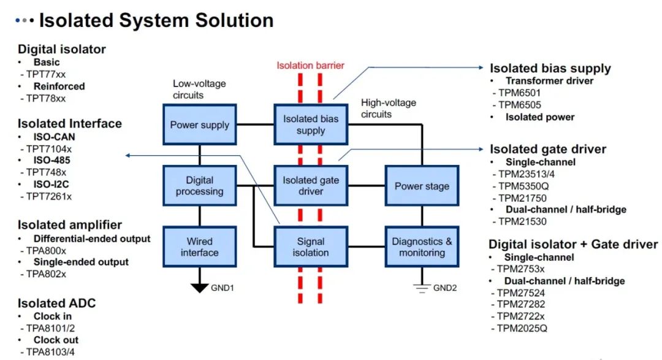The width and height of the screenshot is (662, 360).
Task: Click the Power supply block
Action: pos(199,125)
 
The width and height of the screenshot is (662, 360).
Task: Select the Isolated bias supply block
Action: pos(310,125)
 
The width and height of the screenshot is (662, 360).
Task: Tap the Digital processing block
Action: pos(199,186)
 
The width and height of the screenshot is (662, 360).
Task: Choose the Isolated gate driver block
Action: pos(310,186)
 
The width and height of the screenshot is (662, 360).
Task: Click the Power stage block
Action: pos(422,186)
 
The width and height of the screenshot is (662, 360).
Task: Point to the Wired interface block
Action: pos(199,247)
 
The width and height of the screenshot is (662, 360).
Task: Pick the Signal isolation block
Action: pos(310,247)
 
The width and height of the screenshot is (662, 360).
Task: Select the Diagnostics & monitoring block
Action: pos(422,247)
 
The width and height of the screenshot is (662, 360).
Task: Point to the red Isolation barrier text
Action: pos(310,66)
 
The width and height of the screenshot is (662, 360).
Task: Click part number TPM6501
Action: pos(519,93)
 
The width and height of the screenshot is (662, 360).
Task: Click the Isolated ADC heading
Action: pos(56,303)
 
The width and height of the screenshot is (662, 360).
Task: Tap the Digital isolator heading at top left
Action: pos(62,49)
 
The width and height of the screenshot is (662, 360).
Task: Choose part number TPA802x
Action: pos(46,274)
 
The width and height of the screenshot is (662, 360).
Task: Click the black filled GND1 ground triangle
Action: pos(199,287)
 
